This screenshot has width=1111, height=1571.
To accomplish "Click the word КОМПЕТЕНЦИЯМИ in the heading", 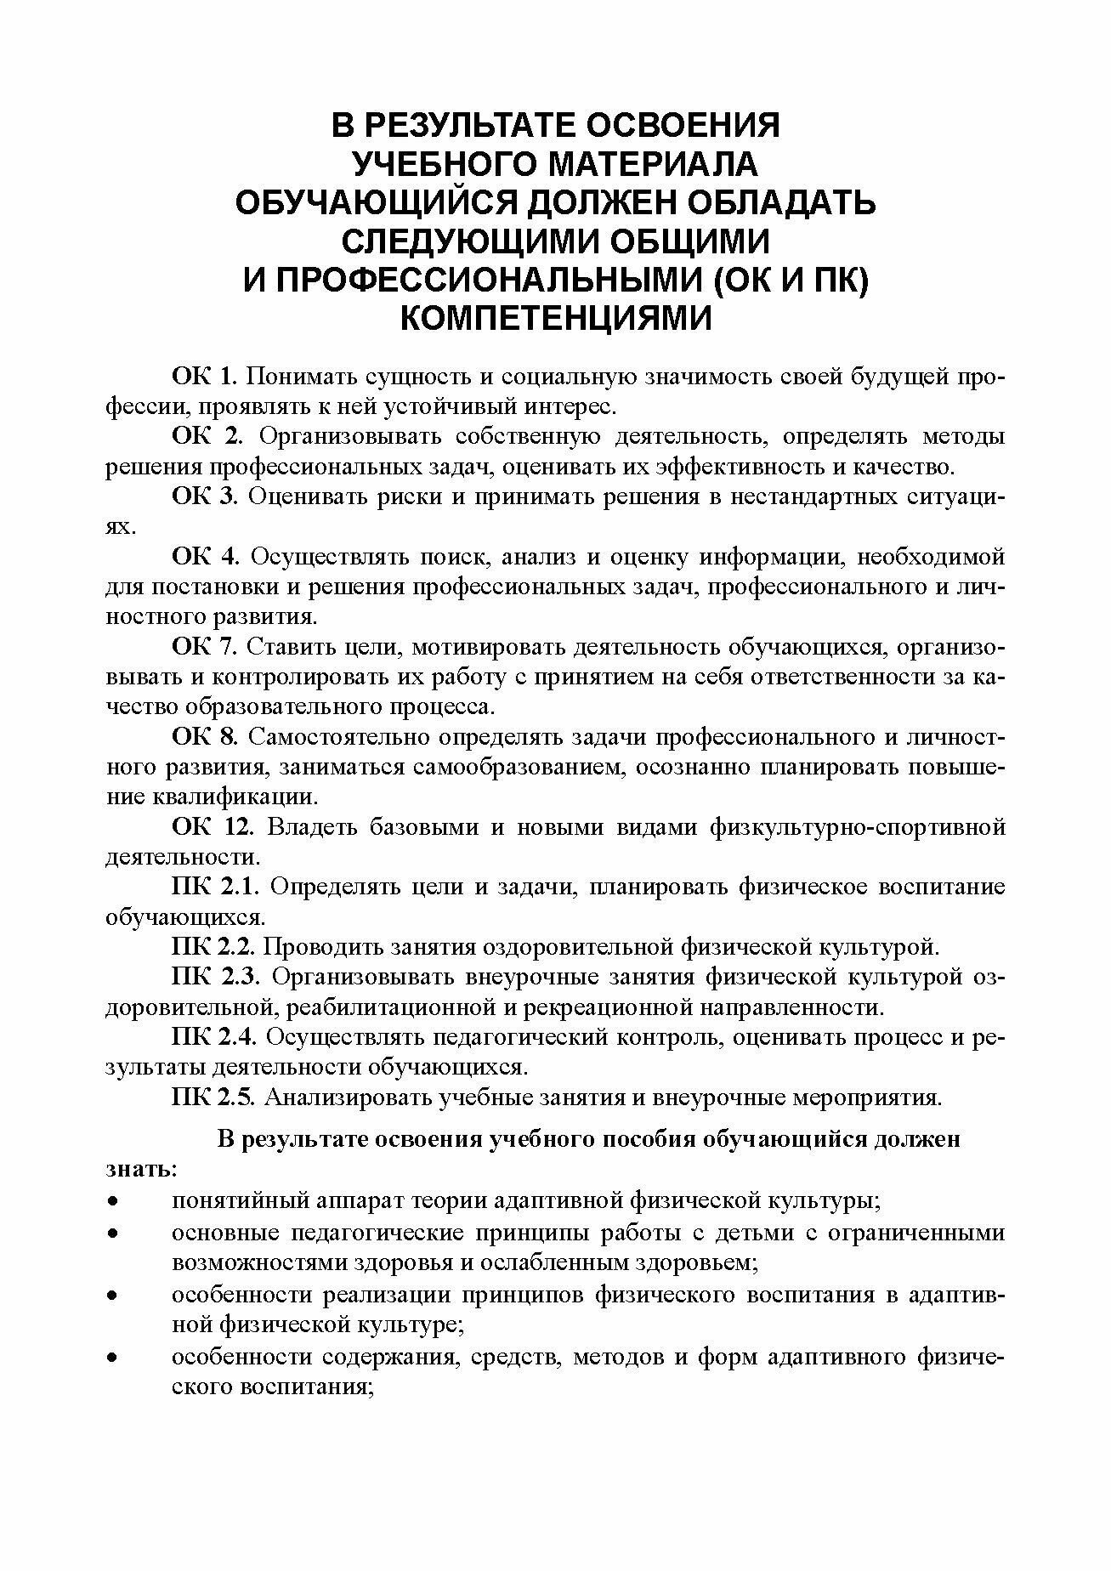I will pyautogui.click(x=555, y=319).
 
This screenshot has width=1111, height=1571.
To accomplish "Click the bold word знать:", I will pyautogui.click(x=141, y=1168).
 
